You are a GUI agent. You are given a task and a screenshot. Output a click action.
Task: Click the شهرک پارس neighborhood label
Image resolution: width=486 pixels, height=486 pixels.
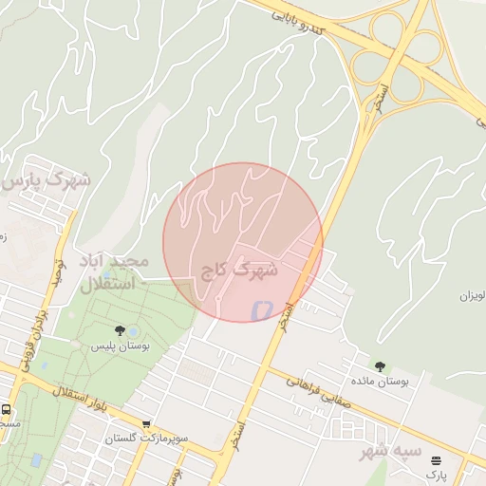[x=47, y=179]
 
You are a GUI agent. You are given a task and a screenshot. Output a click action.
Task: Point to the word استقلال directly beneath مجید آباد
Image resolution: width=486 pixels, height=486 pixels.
[x=107, y=284]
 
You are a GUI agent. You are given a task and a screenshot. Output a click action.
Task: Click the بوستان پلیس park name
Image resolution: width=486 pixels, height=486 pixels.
[x=121, y=346]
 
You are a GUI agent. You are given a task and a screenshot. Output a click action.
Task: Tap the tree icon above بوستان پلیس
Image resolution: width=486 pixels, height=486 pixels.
[x=121, y=330]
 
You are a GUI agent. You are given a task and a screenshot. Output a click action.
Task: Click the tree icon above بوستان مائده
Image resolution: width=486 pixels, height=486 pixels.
[x=380, y=365]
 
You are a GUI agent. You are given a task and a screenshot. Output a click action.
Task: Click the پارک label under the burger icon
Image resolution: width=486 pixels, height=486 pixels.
[x=436, y=473]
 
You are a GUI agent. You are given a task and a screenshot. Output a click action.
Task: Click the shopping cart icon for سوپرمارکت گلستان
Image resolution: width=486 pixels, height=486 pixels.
[x=146, y=424]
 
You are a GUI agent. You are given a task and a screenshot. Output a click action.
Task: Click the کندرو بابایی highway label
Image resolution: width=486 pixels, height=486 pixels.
[x=308, y=23]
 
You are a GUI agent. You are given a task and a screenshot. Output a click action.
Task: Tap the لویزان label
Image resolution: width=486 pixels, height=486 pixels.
[x=472, y=296]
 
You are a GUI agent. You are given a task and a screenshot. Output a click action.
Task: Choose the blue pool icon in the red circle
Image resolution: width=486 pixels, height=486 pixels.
[x=260, y=309]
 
